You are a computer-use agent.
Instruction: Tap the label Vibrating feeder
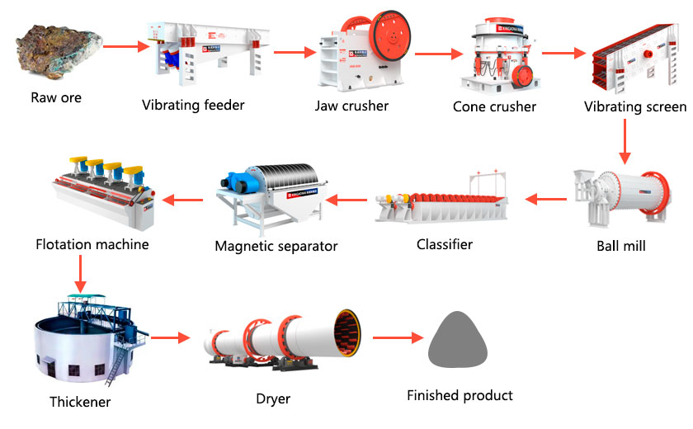(193, 105)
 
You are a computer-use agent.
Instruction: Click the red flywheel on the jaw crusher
(389, 42)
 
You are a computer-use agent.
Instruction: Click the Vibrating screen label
(634, 106)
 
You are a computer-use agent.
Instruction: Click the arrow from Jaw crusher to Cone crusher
(437, 55)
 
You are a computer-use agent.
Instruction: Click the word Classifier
(444, 244)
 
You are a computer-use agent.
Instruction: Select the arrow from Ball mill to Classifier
(546, 199)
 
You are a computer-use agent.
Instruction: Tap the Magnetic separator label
(276, 246)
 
